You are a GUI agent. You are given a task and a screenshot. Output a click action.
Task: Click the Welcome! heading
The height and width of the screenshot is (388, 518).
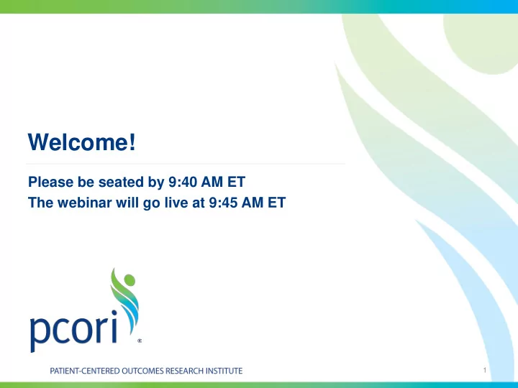pyautogui.click(x=82, y=142)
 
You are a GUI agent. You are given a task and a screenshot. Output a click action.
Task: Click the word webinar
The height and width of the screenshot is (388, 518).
pyautogui.click(x=85, y=203)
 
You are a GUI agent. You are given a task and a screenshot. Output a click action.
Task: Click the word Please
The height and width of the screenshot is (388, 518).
pyautogui.click(x=50, y=182)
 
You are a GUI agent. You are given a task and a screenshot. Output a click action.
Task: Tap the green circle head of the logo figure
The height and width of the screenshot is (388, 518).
pyautogui.click(x=129, y=280)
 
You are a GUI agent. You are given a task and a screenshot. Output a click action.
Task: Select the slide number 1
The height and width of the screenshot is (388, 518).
pyautogui.click(x=485, y=370)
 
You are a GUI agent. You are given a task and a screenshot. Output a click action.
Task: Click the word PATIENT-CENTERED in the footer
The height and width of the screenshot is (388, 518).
pyautogui.click(x=85, y=371)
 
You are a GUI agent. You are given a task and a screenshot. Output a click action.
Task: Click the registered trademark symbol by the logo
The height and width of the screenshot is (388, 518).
pyautogui.click(x=140, y=341)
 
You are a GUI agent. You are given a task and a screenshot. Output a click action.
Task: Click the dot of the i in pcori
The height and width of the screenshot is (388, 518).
pyautogui.click(x=114, y=313)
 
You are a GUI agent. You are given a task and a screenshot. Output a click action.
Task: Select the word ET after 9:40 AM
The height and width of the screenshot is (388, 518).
pyautogui.click(x=236, y=182)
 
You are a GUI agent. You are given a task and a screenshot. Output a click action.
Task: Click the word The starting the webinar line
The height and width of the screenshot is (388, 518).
pyautogui.click(x=41, y=203)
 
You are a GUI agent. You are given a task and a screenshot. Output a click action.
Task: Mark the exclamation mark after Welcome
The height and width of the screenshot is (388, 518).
pyautogui.click(x=132, y=142)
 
